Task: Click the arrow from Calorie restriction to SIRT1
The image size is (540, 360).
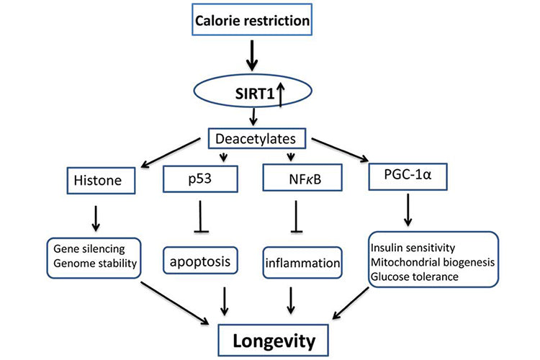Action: (x=252, y=53)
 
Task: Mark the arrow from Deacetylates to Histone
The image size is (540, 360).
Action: (x=167, y=152)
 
